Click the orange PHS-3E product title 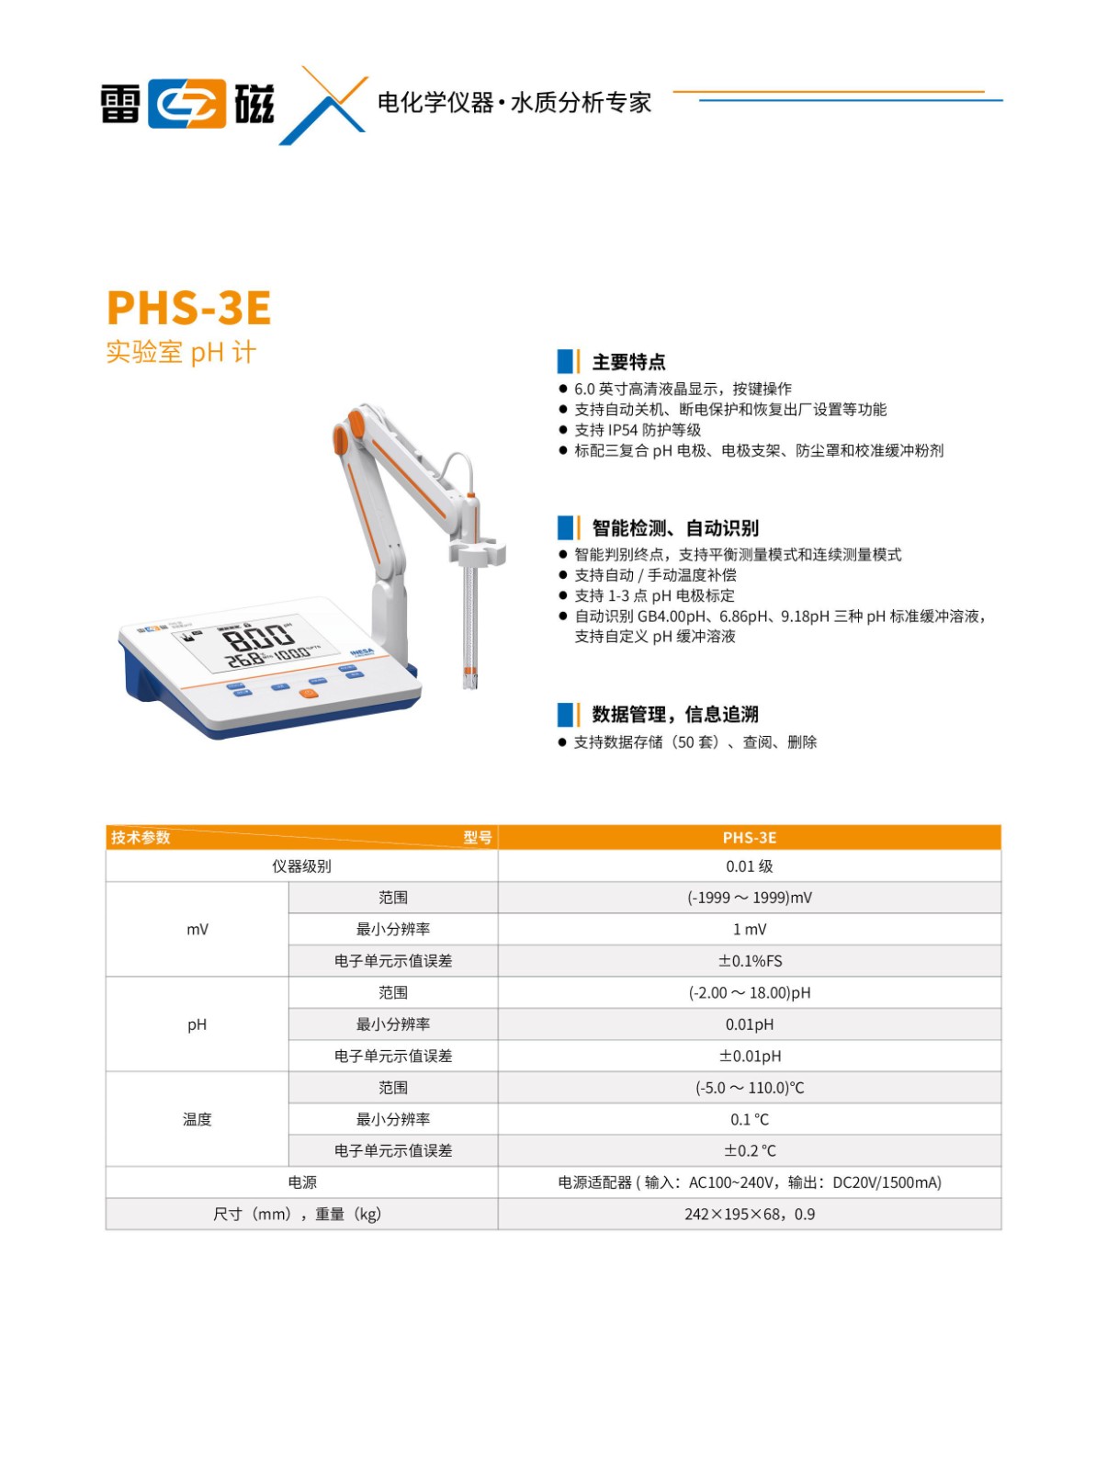pos(188,308)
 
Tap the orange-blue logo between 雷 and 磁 pos(186,104)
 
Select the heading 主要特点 pos(627,362)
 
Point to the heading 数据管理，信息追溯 pos(674,714)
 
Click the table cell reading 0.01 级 pos(749,866)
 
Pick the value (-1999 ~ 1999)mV pos(749,898)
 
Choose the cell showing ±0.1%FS pos(749,961)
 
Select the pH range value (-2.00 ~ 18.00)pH pos(749,992)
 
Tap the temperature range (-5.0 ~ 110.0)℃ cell pos(749,1088)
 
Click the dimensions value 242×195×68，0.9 pos(749,1215)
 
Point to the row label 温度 pos(197,1119)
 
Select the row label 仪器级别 pos(301,866)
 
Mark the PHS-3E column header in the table pos(749,837)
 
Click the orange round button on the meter pos(308,693)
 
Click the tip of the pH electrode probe pos(469,685)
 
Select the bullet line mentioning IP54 pos(637,429)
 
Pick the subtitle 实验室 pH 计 pos(181,352)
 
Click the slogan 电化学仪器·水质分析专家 pos(514,103)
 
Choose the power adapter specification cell pos(749,1182)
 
